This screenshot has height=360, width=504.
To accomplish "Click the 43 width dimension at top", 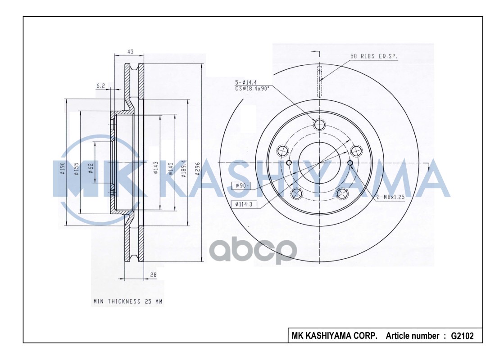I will pos(130,52).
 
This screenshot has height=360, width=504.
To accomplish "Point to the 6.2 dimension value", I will pos(100,85).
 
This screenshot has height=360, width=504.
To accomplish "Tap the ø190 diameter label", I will pos(63,169).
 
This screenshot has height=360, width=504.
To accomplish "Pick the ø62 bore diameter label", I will pos(91,168).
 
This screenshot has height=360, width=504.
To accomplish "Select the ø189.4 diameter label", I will pos(183,169).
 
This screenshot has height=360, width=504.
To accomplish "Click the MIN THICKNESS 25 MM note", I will pos(127,301).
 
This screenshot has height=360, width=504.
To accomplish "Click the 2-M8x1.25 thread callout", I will pos(390,197).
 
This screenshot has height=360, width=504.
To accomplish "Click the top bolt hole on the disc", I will pos(320,125).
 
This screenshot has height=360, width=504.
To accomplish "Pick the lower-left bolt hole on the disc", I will pos(296,193).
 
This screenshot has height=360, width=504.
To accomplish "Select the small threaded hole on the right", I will pos(350,162).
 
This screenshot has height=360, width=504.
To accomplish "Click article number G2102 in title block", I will pos(462,336).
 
